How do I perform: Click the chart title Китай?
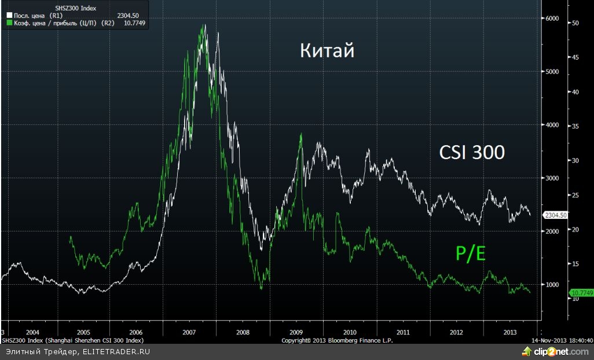pyautogui.click(x=327, y=51)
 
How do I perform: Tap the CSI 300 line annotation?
pyautogui.click(x=472, y=152)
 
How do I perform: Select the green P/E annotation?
pyautogui.click(x=470, y=253)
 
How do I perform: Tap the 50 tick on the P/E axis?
pyautogui.click(x=575, y=23)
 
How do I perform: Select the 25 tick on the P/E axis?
pyautogui.click(x=575, y=195)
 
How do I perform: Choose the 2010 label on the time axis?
pyautogui.click(x=349, y=332)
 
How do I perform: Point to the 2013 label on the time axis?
pyautogui.click(x=510, y=332)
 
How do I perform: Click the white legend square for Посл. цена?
pyautogui.click(x=9, y=16)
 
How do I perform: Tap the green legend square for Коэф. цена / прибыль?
pyautogui.click(x=9, y=23)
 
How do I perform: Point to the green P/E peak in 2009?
pyautogui.click(x=301, y=134)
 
